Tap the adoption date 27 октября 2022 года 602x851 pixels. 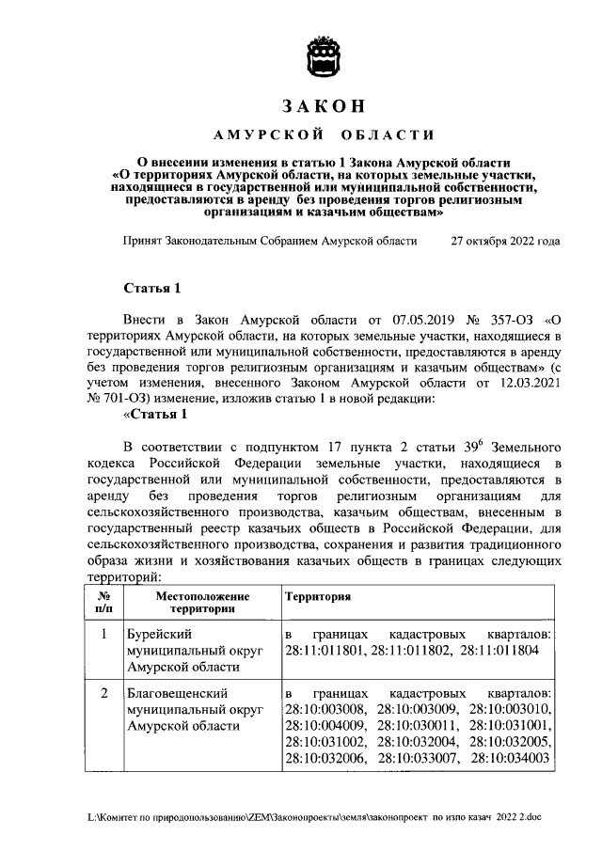pyautogui.click(x=505, y=241)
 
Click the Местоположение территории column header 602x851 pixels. pyautogui.click(x=202, y=603)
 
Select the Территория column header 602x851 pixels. pyautogui.click(x=318, y=596)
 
